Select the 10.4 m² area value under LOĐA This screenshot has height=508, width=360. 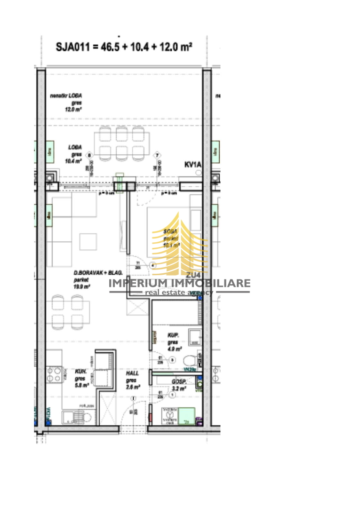pyautogui.click(x=74, y=160)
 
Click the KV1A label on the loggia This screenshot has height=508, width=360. pyautogui.click(x=192, y=165)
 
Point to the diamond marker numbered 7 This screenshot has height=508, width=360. pyautogui.click(x=157, y=155)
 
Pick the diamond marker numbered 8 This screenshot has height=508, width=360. pyautogui.click(x=90, y=155)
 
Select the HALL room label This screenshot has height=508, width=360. pyautogui.click(x=132, y=373)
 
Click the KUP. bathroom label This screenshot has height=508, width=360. pyautogui.click(x=173, y=336)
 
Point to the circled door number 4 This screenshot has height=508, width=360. pyautogui.click(x=152, y=265)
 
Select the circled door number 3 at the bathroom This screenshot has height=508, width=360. pyautogui.click(x=172, y=360)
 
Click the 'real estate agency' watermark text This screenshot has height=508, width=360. pyautogui.click(x=179, y=292)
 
